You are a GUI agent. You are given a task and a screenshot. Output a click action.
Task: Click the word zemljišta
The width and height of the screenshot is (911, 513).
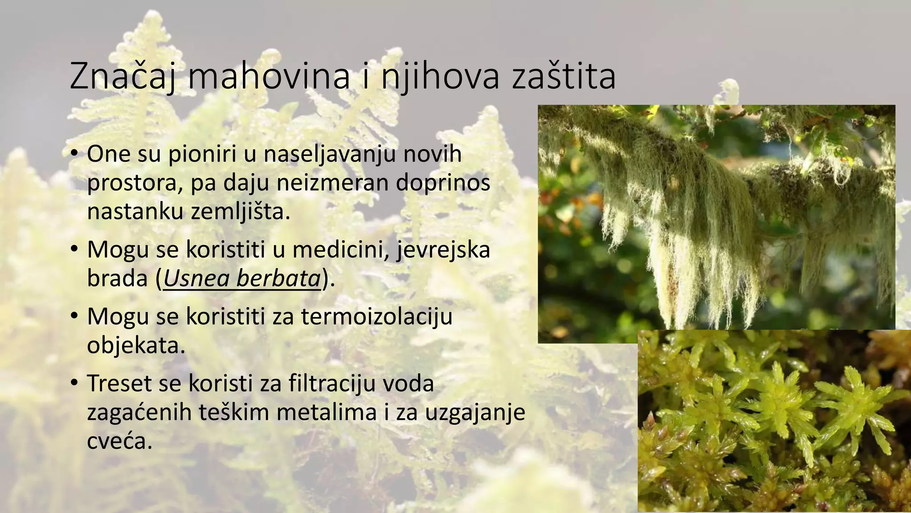(x=240, y=212)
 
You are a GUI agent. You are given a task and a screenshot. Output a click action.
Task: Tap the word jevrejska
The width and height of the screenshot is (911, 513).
(x=443, y=250)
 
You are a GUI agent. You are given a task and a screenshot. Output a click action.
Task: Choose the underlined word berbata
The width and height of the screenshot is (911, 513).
(x=278, y=278)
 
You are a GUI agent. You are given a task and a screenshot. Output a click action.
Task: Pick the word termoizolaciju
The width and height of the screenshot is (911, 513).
(x=377, y=317)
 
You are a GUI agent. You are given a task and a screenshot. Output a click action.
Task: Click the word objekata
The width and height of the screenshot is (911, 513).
(x=136, y=346)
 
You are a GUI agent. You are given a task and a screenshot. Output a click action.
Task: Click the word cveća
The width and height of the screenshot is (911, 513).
(x=119, y=441)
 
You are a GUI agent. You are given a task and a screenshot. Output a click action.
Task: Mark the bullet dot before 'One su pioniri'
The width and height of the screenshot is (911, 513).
(x=74, y=155)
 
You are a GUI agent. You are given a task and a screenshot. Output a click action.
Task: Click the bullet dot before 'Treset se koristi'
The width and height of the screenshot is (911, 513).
(x=74, y=384)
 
